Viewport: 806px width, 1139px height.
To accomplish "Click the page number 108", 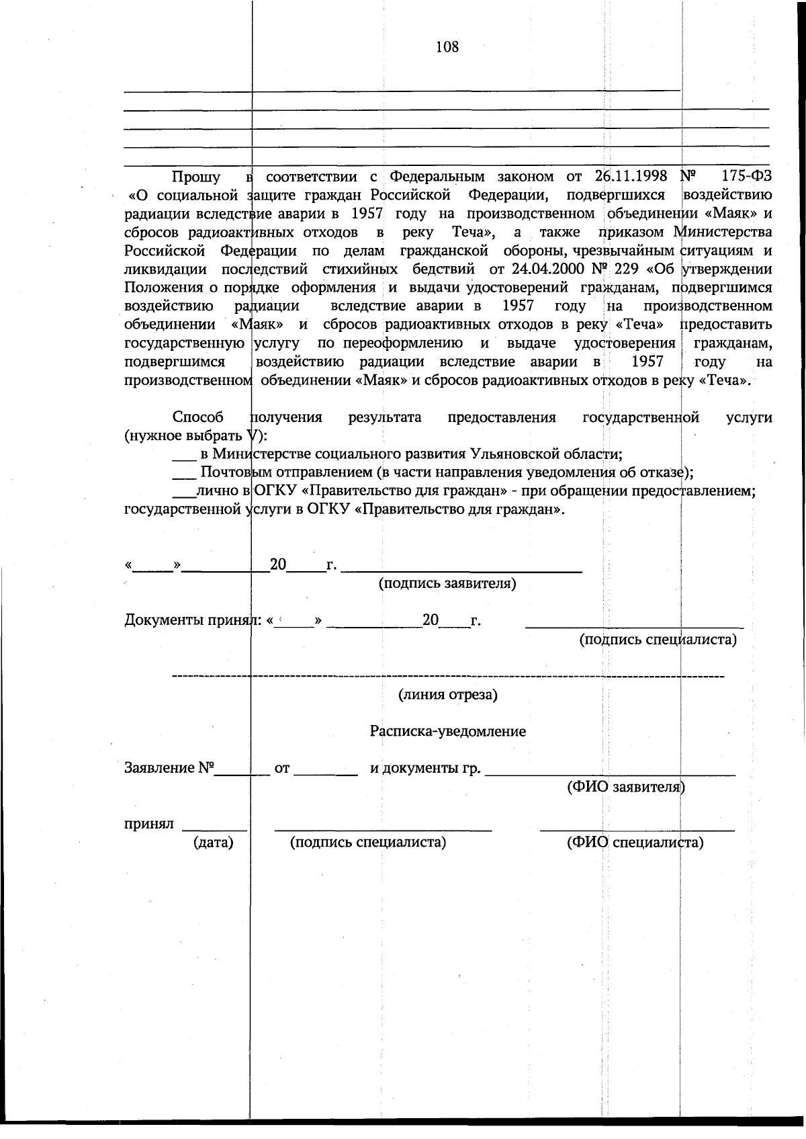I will pyautogui.click(x=447, y=46).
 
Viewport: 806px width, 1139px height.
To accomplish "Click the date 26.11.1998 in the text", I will pyautogui.click(x=631, y=176).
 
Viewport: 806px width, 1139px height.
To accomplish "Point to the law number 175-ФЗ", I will pyautogui.click(x=746, y=176).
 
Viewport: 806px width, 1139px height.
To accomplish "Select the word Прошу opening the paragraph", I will pyautogui.click(x=196, y=177).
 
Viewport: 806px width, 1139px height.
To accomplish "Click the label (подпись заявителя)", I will pyautogui.click(x=447, y=583).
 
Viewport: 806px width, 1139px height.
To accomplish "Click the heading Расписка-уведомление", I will pyautogui.click(x=447, y=731).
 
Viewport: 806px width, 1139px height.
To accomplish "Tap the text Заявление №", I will pyautogui.click(x=169, y=767).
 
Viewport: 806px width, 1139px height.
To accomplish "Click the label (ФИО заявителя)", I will pyautogui.click(x=625, y=787).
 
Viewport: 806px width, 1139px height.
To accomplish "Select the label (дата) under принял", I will pyautogui.click(x=213, y=842).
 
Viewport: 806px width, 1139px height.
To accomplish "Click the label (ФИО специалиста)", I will pyautogui.click(x=635, y=842).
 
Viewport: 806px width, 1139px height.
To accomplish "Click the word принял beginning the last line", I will pyautogui.click(x=149, y=824).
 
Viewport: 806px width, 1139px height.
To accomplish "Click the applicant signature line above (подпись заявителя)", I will pyautogui.click(x=461, y=571).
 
